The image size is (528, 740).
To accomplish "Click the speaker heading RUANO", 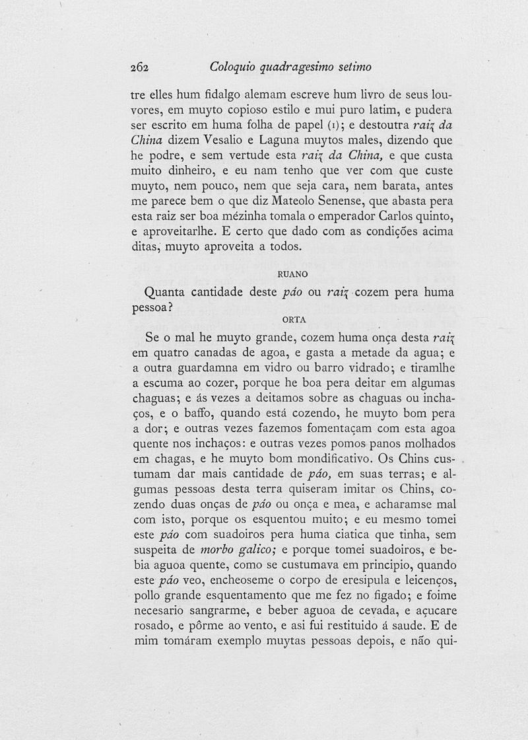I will point(290,274).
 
